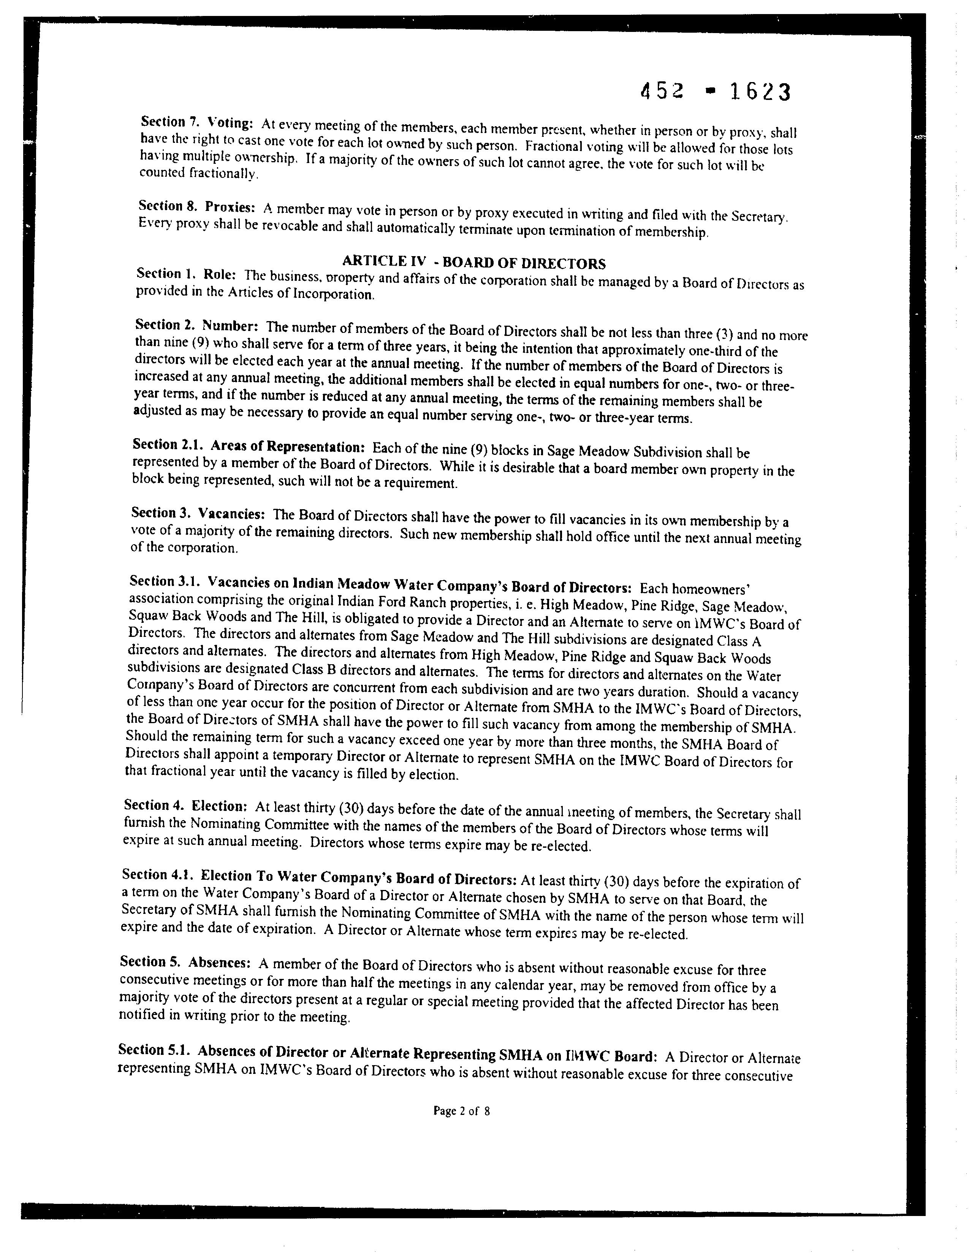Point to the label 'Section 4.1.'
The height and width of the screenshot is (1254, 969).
click(157, 874)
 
